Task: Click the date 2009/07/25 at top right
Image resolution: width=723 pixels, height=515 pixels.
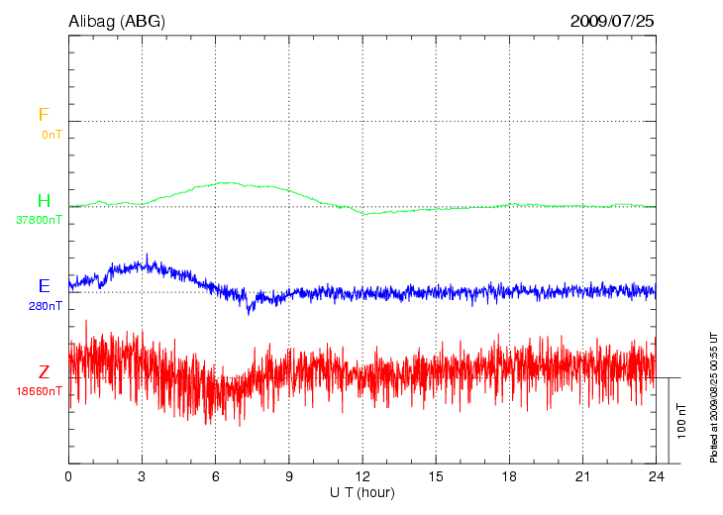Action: [x=612, y=21]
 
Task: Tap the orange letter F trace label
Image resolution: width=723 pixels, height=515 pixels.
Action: [x=43, y=116]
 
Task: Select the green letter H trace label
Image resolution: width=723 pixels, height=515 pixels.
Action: [x=44, y=202]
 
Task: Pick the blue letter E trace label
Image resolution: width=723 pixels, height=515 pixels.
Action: [x=44, y=286]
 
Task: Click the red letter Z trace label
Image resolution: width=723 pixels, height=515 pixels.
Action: [x=44, y=372]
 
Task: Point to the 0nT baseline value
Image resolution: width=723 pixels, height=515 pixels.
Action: [x=51, y=134]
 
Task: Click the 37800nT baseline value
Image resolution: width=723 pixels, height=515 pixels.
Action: [x=38, y=220]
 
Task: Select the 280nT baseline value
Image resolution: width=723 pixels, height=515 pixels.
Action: [x=45, y=306]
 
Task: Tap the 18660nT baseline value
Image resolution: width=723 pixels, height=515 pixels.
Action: [x=38, y=391]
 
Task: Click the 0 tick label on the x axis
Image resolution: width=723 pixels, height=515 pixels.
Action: [x=68, y=477]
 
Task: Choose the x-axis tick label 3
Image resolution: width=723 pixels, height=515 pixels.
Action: [x=143, y=477]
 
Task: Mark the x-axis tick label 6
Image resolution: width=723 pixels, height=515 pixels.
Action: [x=216, y=477]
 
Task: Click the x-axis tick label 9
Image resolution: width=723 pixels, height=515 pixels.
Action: [x=289, y=477]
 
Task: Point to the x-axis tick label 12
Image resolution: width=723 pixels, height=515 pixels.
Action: [x=362, y=477]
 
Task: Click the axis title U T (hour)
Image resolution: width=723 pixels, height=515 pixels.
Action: [x=362, y=492]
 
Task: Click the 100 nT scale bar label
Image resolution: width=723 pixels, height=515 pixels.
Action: [x=681, y=421]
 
